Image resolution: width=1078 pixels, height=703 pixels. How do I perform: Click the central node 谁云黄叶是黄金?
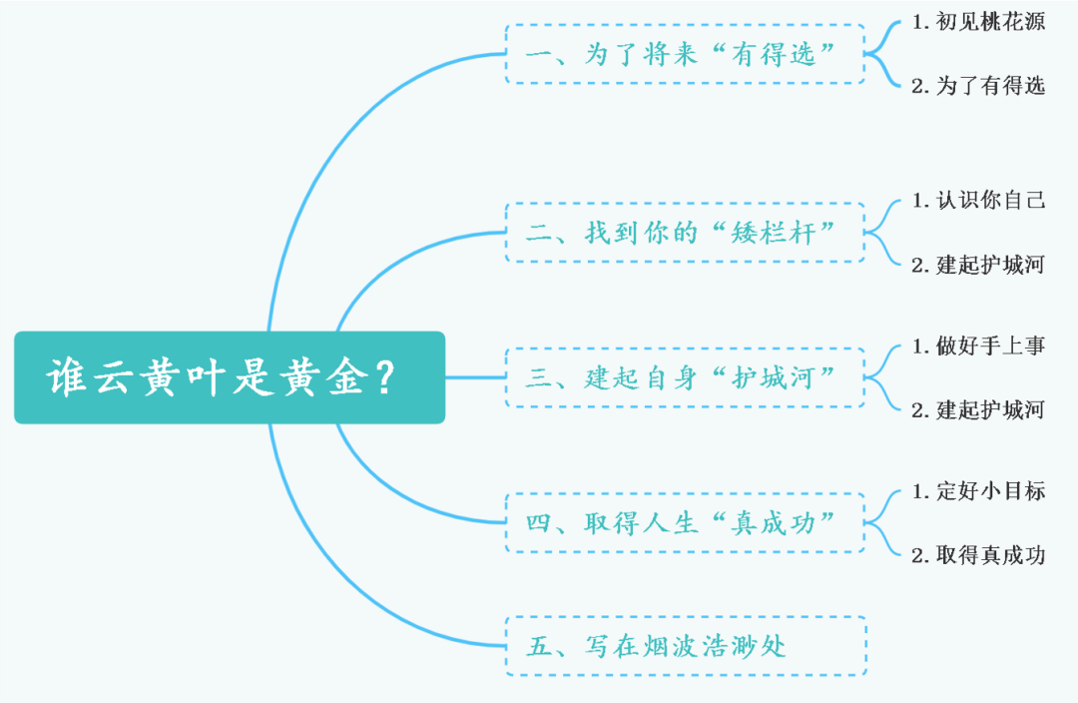[x=230, y=377]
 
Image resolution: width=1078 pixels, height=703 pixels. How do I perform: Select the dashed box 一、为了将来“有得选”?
[x=685, y=54]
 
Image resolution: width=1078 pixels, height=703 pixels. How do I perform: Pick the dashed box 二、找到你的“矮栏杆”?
[x=685, y=233]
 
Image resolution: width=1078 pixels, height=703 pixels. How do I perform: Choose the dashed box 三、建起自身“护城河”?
[x=685, y=377]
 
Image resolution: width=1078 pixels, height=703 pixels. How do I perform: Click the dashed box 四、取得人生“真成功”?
[x=685, y=522]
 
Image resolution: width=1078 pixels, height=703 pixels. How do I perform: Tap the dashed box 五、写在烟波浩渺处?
[x=685, y=646]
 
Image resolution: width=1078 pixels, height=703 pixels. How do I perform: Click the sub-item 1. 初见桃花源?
[x=978, y=22]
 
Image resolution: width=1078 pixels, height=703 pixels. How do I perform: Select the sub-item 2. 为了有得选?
[x=978, y=86]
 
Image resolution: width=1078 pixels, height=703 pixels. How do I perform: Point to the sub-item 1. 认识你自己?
[x=978, y=201]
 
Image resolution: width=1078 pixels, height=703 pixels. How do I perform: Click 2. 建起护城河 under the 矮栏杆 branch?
[x=978, y=266]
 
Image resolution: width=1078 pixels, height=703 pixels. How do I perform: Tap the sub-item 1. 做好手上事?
[x=978, y=347]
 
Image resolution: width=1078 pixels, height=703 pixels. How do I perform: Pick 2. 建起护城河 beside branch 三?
[x=978, y=410]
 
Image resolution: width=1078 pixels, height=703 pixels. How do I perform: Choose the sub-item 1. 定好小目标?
[x=978, y=491]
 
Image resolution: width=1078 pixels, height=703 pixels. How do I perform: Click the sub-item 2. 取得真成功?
[x=978, y=555]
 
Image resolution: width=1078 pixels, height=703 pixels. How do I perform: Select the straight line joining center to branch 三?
[x=475, y=377]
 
